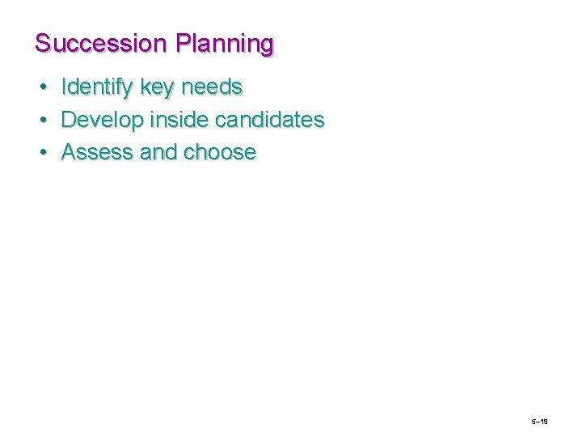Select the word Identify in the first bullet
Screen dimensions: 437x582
97,87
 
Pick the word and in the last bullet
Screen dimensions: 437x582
158,152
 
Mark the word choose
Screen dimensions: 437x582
220,152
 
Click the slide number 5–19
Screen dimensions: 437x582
540,422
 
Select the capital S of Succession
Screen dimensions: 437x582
43,43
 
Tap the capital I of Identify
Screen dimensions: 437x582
65,87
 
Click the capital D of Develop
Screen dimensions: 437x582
69,120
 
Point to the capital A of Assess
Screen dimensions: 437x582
69,152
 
